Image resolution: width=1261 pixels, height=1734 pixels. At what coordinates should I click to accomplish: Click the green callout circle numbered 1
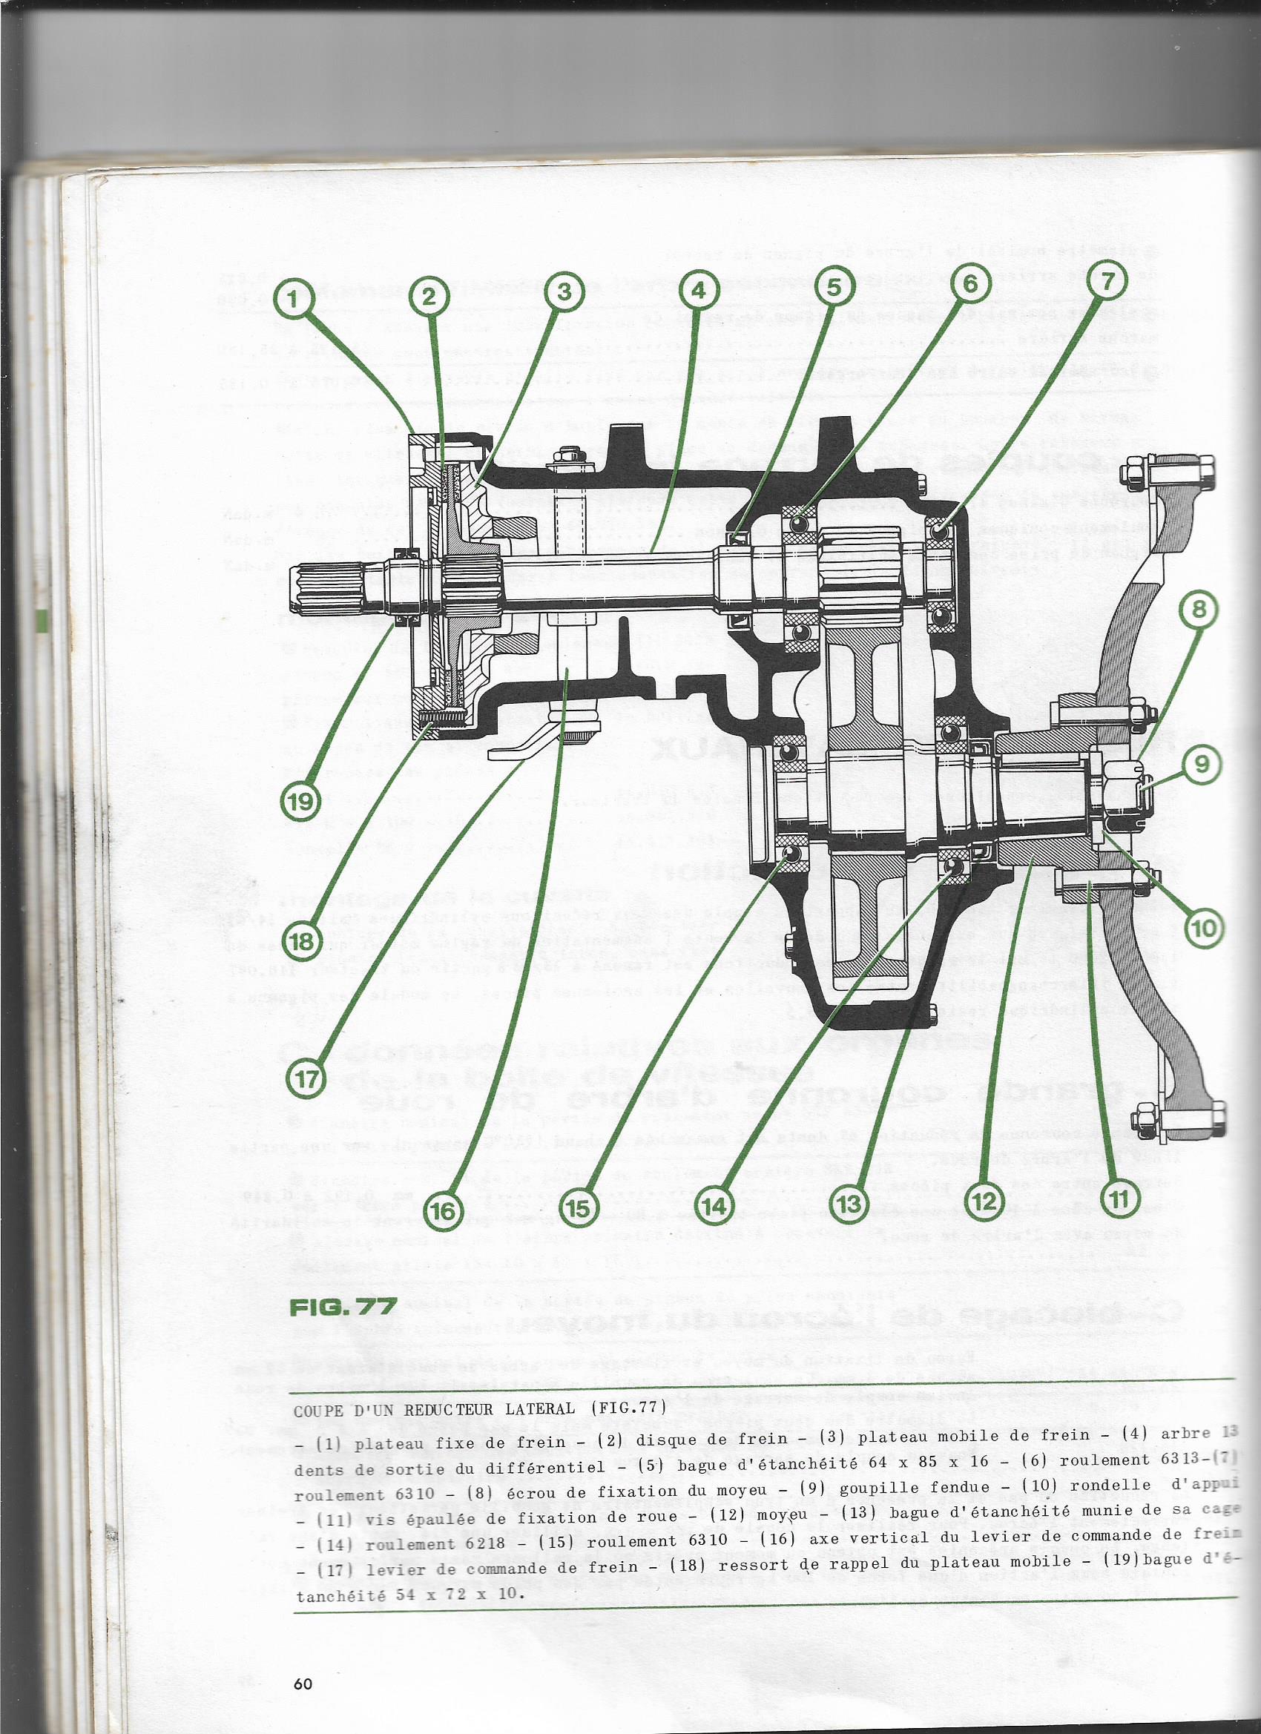294,298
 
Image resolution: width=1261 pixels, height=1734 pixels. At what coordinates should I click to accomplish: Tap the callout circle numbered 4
697,291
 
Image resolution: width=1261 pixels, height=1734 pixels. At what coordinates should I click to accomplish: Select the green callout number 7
1106,281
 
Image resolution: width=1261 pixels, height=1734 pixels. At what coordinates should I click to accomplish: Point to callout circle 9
1202,764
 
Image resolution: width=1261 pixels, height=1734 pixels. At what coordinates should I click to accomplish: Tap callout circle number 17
306,1079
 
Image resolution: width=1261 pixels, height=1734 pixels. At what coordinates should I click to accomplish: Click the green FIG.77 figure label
343,1306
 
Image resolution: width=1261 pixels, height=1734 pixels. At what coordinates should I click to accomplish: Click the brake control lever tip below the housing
509,753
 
